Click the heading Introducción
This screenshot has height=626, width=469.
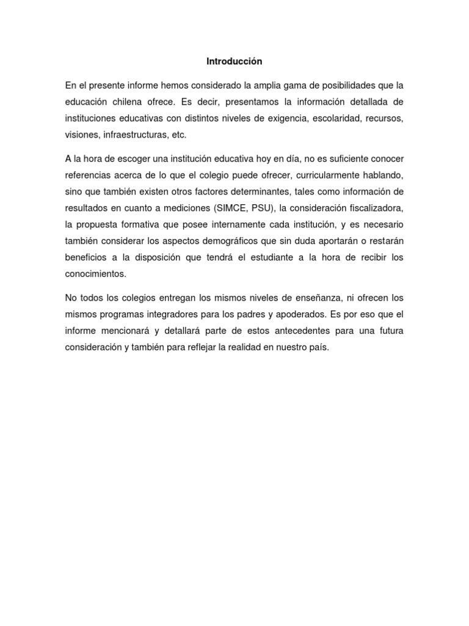pyautogui.click(x=234, y=61)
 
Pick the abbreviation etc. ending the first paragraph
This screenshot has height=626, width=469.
pyautogui.click(x=176, y=134)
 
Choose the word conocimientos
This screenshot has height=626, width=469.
pyautogui.click(x=96, y=274)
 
